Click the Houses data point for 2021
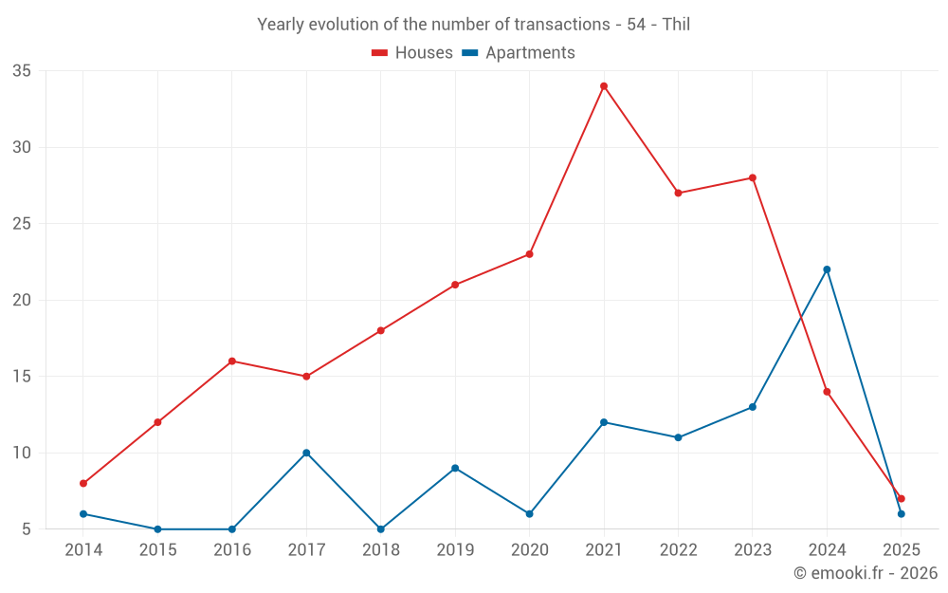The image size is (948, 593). point(603,86)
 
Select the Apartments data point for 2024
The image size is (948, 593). point(827,269)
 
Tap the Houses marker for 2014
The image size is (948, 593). point(83,484)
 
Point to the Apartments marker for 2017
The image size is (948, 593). point(306,453)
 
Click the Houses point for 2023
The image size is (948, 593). point(752,177)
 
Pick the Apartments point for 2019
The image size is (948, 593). point(455,468)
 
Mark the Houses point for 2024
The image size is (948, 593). point(827,392)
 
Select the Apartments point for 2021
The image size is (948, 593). point(603,422)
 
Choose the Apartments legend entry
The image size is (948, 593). point(519,53)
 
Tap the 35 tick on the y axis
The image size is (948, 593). point(22,71)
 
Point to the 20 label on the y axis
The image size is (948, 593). point(22,300)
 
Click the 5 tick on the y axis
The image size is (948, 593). point(27,529)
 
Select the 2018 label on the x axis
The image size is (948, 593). point(380,550)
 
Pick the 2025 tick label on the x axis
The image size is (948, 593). point(901,550)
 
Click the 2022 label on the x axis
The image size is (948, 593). point(678,550)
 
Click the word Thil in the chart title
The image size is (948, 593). point(676,25)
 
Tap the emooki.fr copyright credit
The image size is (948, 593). point(865,573)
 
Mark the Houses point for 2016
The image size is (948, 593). point(232,361)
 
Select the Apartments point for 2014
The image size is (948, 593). point(83,514)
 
